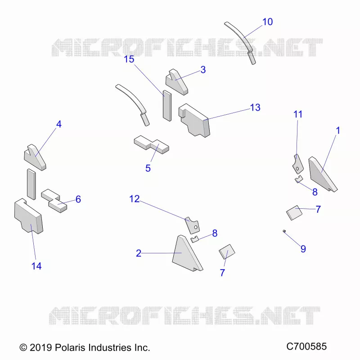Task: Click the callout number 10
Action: [267, 22]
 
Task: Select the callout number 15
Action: [129, 59]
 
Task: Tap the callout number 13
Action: [255, 108]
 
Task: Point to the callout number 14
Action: [36, 266]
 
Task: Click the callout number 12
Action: [134, 199]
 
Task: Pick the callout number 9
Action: [303, 249]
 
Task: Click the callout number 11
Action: [298, 114]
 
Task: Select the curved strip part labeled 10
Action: [240, 42]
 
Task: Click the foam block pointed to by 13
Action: [195, 121]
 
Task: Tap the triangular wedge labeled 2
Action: [186, 254]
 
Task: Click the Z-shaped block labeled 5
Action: [152, 144]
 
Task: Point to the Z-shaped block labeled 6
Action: [54, 201]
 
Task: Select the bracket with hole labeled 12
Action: [193, 225]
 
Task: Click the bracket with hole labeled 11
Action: [298, 164]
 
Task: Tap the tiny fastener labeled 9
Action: [284, 231]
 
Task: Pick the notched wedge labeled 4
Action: [35, 158]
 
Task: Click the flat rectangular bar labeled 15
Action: [167, 106]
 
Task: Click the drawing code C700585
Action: [306, 346]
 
